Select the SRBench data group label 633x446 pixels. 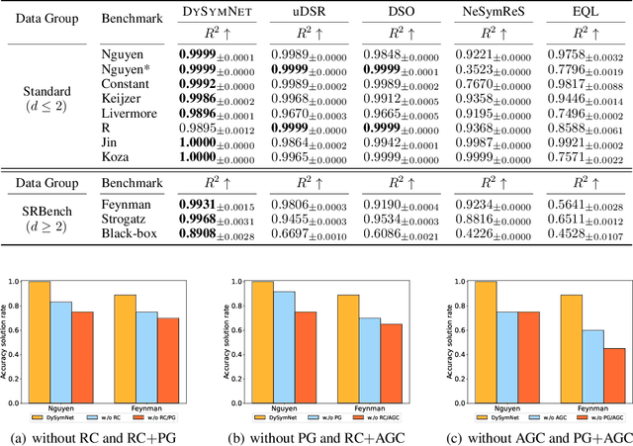42,212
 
